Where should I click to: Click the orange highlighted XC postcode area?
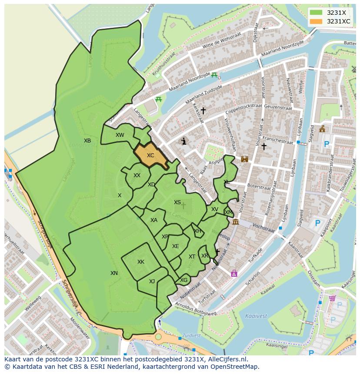coord(150,156)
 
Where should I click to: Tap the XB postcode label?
coord(87,141)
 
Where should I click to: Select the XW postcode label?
coord(120,135)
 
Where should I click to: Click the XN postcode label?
coord(114,273)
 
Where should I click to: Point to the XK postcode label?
coord(140,262)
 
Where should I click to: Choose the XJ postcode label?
coord(152,281)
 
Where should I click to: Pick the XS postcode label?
coord(177,202)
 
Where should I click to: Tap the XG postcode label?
coord(183,280)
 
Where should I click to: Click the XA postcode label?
coord(153,220)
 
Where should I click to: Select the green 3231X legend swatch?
coord(317,13)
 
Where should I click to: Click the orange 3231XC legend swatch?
coord(317,21)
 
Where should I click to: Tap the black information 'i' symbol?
coord(184,141)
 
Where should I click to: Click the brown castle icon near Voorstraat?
coord(244,159)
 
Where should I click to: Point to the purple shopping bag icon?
coord(234,273)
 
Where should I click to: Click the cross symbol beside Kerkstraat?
coord(203,111)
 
